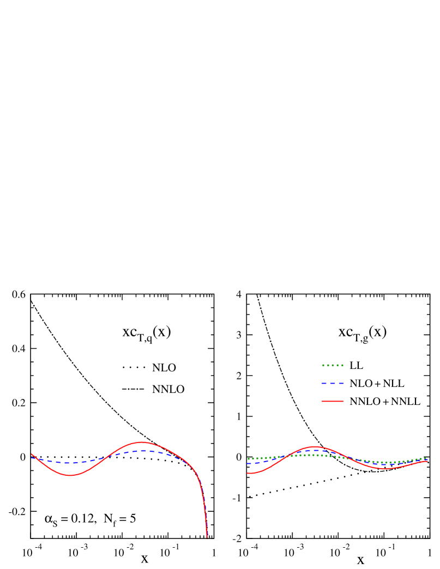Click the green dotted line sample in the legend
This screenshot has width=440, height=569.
[x=333, y=365]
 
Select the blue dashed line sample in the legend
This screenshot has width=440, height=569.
[x=333, y=383]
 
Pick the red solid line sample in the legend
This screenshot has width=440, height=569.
[x=333, y=401]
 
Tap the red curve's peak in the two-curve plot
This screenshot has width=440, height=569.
[x=142, y=442]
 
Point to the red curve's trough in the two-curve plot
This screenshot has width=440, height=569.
[x=70, y=475]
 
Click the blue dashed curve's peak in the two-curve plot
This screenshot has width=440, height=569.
[x=143, y=451]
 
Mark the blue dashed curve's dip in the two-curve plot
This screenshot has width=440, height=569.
[x=67, y=463]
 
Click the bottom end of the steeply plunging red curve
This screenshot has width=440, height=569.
[x=207, y=537]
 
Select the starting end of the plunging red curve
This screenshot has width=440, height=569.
[x=32, y=453]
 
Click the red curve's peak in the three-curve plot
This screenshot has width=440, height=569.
[x=315, y=446]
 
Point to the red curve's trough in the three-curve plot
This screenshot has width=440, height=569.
[x=385, y=468]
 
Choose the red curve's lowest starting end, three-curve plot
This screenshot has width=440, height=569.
[x=248, y=473]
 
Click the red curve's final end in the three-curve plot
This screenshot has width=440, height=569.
[x=427, y=461]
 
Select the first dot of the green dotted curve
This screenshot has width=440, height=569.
[x=248, y=459]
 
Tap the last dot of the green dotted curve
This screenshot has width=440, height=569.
[x=426, y=458]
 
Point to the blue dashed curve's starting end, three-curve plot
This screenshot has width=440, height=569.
[x=248, y=464]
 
